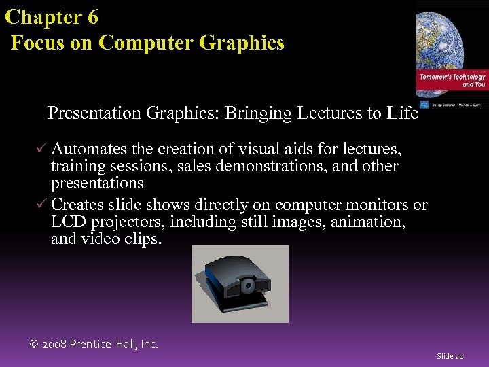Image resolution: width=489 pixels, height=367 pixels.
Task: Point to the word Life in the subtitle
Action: pyautogui.click(x=401, y=113)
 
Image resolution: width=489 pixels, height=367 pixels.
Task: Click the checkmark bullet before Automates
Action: pyautogui.click(x=42, y=149)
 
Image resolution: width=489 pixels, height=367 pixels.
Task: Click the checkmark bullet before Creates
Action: pyautogui.click(x=42, y=205)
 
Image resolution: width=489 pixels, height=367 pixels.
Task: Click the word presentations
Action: pyautogui.click(x=97, y=183)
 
